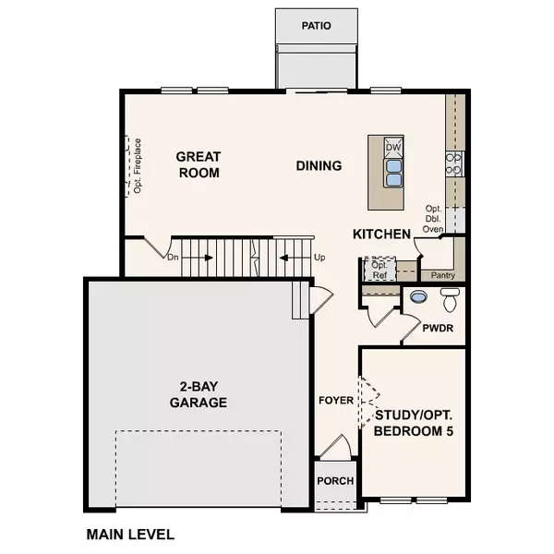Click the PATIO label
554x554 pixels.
315,26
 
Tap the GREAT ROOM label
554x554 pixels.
199,165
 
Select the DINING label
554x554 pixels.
319,166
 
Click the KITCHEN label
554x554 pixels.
381,235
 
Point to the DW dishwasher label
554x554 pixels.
393,148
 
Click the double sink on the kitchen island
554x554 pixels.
393,173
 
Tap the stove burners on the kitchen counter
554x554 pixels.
454,163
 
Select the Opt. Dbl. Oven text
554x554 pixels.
434,219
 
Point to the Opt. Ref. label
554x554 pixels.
379,270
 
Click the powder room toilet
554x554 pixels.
451,300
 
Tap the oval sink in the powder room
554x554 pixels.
418,298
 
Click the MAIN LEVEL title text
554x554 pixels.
130,534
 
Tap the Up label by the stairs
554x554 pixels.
319,257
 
